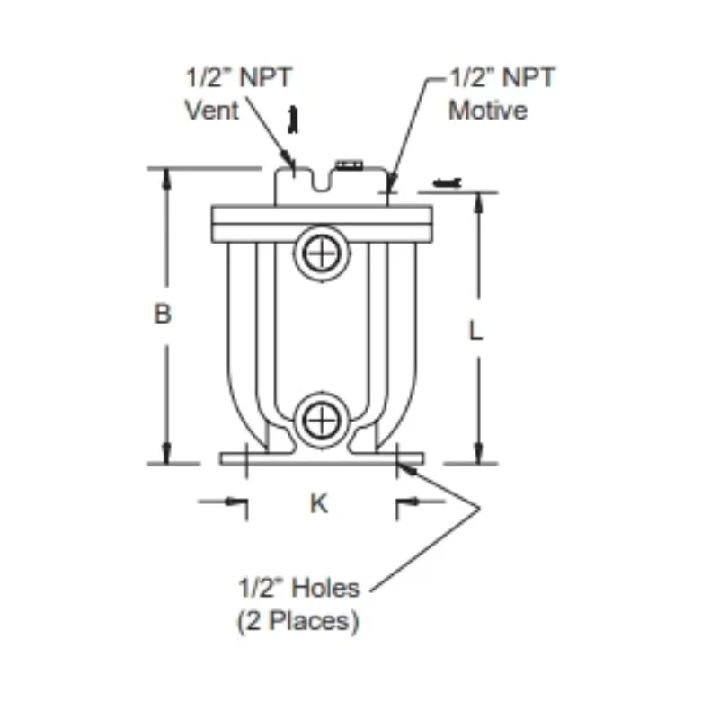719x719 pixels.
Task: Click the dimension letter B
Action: point(163,314)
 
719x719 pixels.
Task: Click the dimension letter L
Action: point(475,330)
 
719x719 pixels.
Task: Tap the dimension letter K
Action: point(319,503)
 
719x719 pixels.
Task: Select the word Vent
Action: point(212,111)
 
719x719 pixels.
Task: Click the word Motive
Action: point(488,111)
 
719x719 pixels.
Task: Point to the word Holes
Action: point(325,588)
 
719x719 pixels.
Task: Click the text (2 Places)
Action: point(298,621)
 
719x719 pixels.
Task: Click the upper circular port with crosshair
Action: point(322,253)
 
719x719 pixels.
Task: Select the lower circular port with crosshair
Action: point(322,420)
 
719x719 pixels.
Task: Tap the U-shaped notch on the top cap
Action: point(322,182)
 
